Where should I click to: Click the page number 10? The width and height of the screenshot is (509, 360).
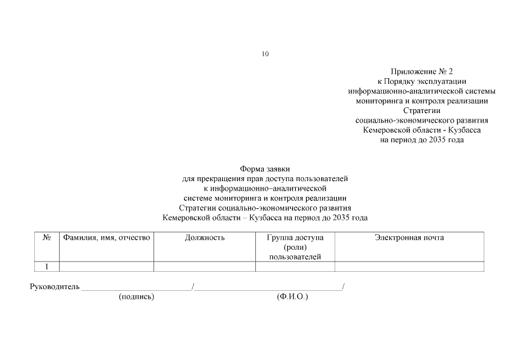pyautogui.click(x=265, y=54)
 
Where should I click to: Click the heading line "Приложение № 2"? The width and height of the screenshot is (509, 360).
pyautogui.click(x=422, y=72)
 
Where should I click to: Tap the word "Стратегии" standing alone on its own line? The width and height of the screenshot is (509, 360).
pyautogui.click(x=422, y=111)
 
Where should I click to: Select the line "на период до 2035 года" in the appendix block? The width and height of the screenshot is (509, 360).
pyautogui.click(x=422, y=139)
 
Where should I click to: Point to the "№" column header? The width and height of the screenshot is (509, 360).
pyautogui.click(x=47, y=238)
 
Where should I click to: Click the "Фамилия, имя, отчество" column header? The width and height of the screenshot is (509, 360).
pyautogui.click(x=106, y=238)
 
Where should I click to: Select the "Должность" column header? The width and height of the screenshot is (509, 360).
pyautogui.click(x=205, y=238)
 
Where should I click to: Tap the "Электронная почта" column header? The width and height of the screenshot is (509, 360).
pyautogui.click(x=409, y=238)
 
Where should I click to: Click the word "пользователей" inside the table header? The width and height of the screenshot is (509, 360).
pyautogui.click(x=295, y=257)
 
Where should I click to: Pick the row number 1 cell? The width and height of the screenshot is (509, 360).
pyautogui.click(x=47, y=267)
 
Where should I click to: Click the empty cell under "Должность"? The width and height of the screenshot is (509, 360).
pyautogui.click(x=205, y=267)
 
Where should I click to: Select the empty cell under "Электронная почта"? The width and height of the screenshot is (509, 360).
pyautogui.click(x=409, y=267)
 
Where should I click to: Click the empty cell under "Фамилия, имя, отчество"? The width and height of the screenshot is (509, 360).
pyautogui.click(x=106, y=267)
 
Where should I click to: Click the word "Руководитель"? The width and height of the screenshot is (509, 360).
pyautogui.click(x=55, y=287)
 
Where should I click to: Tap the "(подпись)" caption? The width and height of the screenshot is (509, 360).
pyautogui.click(x=136, y=296)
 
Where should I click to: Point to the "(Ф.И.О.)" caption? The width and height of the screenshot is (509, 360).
pyautogui.click(x=292, y=296)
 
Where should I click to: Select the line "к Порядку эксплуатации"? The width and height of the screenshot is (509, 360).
pyautogui.click(x=422, y=82)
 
